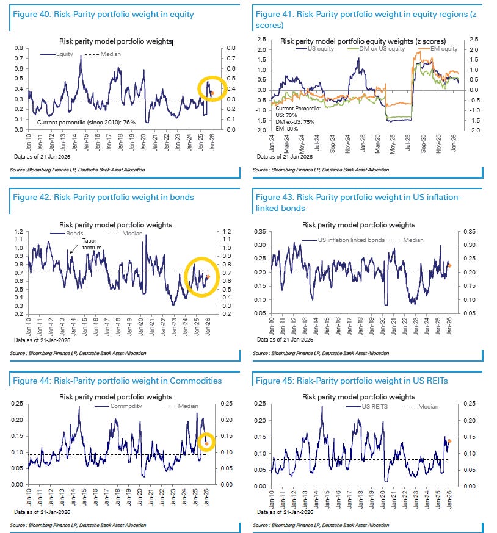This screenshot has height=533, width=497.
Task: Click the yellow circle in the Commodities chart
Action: coord(206,442)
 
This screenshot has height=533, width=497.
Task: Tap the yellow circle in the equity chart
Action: coord(212,89)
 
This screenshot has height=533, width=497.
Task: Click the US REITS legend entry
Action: coord(375,406)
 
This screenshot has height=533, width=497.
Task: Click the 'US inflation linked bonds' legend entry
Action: coord(351,240)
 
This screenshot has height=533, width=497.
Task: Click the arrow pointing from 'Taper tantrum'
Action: coord(73,249)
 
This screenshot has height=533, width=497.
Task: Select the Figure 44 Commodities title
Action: coord(116,381)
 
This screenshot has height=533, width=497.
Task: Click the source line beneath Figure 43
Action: coord(320,353)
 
